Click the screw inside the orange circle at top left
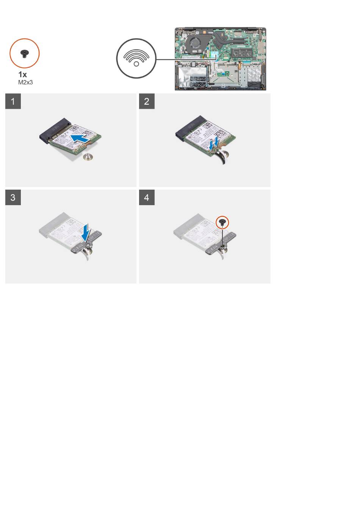[x=24, y=54]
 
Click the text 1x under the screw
[x=22, y=74]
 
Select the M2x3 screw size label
[x=25, y=82]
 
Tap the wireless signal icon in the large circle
[x=136, y=58]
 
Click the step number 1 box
[x=13, y=101]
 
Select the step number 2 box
[x=147, y=101]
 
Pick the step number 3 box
[x=13, y=198]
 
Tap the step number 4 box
[x=147, y=198]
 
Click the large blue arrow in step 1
[x=80, y=138]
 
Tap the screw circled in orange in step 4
[x=222, y=222]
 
